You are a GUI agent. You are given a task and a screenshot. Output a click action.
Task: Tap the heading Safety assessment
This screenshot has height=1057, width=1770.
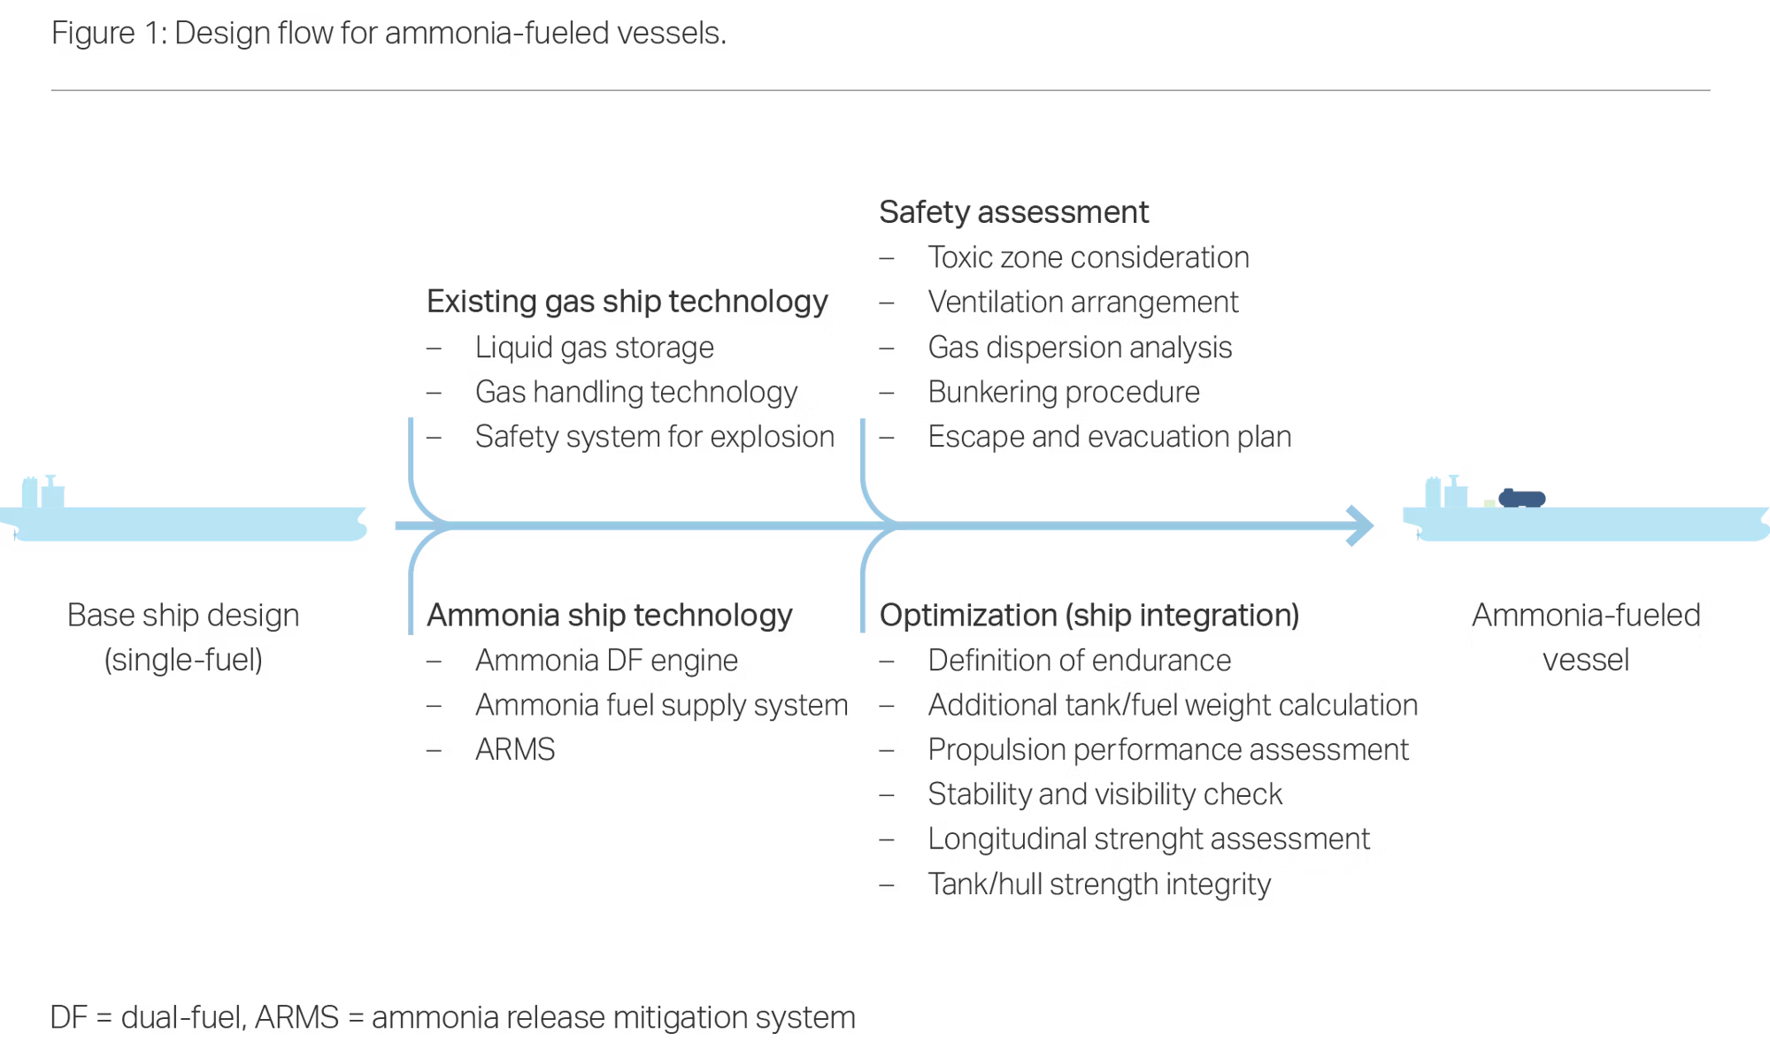(1013, 212)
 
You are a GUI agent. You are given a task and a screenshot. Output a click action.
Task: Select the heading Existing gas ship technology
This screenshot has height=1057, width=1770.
(627, 302)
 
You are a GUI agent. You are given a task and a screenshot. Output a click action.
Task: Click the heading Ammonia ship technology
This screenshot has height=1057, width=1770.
(609, 615)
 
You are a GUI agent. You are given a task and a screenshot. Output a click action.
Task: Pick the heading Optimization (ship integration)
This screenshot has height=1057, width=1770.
(1089, 615)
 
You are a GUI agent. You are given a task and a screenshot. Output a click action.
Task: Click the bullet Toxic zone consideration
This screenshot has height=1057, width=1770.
(1088, 257)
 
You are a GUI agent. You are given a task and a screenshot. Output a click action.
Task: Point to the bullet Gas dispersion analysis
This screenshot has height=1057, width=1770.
(1080, 348)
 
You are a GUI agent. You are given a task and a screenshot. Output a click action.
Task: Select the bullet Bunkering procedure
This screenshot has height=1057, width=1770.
(1064, 392)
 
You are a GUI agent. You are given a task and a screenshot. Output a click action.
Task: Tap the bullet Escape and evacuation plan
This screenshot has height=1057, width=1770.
(1109, 436)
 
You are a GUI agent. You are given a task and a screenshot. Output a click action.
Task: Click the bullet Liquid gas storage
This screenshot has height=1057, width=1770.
(594, 348)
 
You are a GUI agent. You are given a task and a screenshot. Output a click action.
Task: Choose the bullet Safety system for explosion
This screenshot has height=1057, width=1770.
(654, 436)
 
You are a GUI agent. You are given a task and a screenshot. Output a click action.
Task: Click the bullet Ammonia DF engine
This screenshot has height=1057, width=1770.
(606, 660)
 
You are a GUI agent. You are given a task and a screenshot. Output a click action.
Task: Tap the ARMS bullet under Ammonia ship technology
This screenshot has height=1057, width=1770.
(514, 749)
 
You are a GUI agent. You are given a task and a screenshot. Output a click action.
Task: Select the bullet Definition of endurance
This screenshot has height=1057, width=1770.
(1079, 660)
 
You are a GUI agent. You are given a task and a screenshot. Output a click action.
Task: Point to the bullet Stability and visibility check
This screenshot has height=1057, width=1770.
(1104, 794)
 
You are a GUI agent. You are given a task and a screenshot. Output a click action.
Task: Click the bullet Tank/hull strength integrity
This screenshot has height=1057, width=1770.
(1099, 884)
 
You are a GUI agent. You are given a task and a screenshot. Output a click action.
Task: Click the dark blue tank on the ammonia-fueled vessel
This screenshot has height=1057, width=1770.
(1521, 498)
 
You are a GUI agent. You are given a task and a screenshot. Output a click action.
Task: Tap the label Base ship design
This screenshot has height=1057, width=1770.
(183, 616)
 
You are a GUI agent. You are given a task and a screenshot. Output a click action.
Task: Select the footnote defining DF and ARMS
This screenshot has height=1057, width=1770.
(452, 1017)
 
